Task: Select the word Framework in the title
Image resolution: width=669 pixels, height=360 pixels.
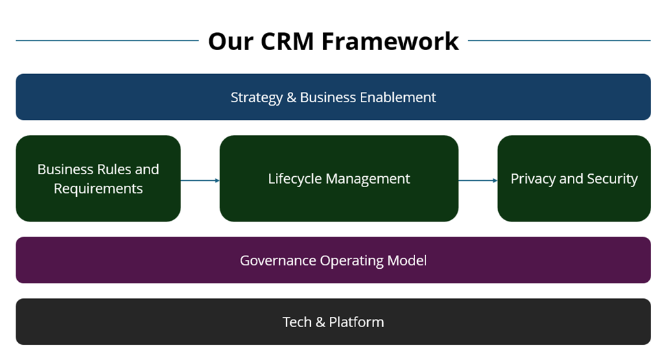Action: tap(390, 41)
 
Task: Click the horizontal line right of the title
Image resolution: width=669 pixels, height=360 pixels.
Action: tap(559, 40)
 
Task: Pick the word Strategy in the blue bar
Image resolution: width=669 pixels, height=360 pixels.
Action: tap(255, 97)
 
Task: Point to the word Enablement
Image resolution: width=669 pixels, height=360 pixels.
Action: tap(399, 97)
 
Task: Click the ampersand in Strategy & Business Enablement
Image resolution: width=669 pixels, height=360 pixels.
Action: tap(292, 97)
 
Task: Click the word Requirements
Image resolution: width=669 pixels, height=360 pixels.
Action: tap(98, 189)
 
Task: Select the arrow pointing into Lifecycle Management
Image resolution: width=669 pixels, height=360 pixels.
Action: tap(200, 180)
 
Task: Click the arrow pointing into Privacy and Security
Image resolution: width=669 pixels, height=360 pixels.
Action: tap(478, 180)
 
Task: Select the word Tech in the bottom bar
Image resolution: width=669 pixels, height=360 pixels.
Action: tap(296, 322)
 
